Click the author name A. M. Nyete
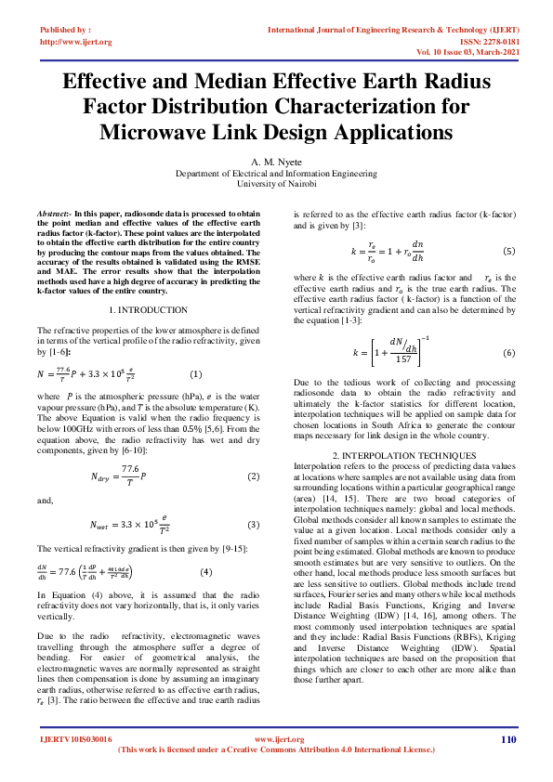[276, 161]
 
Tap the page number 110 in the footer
[507, 739]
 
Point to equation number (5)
[508, 252]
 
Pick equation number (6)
[508, 354]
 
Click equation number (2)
[252, 476]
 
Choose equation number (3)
[252, 525]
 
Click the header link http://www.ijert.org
[76, 42]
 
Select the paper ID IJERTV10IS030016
[75, 739]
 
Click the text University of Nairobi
[276, 184]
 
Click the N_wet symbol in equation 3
[110, 526]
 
